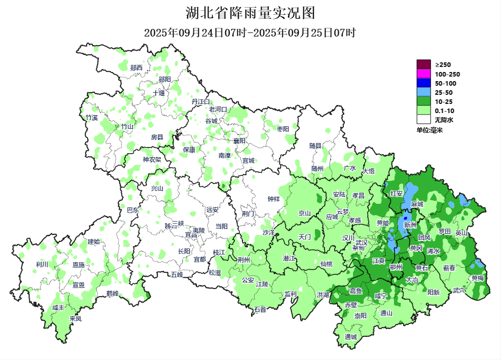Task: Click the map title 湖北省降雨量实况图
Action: [x=251, y=12]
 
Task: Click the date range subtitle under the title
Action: [x=250, y=33]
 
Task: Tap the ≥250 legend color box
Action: [x=423, y=64]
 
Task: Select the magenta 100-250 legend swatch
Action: [x=423, y=74]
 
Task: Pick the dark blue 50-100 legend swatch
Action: [x=423, y=83]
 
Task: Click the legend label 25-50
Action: [x=444, y=92]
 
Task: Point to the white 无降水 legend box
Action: [x=423, y=120]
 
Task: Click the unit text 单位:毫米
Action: [x=430, y=130]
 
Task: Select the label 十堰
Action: [x=159, y=93]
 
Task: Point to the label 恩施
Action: [x=79, y=265]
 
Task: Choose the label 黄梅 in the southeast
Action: [x=477, y=278]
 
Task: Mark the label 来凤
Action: [x=75, y=319]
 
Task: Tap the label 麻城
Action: [x=417, y=203]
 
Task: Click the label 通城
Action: [x=351, y=337]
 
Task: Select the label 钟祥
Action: [x=273, y=199]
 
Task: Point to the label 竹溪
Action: [x=92, y=118]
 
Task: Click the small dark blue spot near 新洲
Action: [x=405, y=219]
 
